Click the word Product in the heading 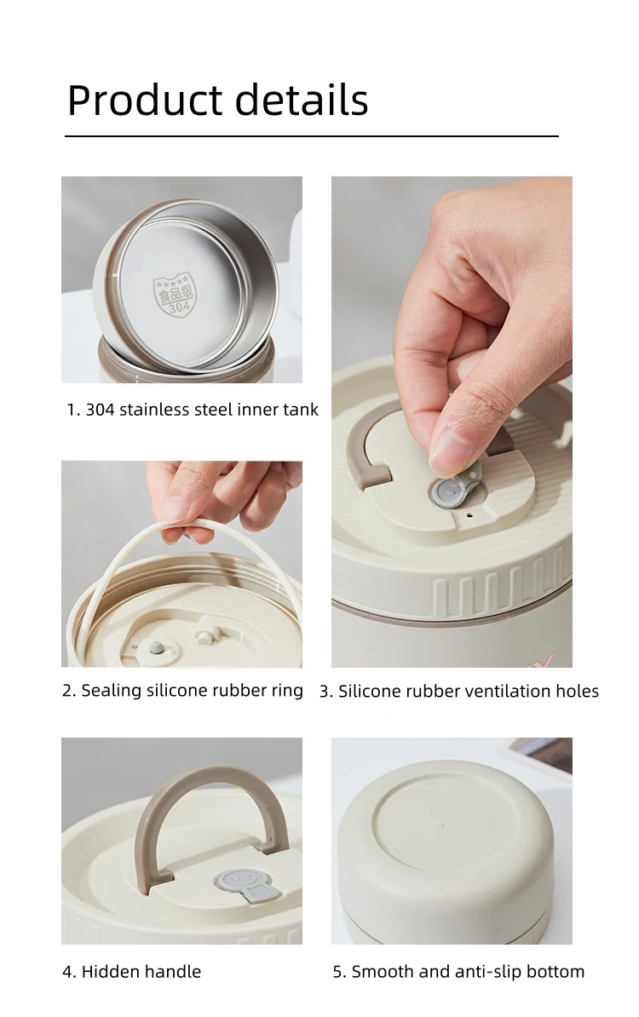point(146,100)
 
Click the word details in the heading point(302,100)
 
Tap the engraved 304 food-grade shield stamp point(173,295)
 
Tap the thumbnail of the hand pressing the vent point(452,422)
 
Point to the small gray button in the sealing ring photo point(157,646)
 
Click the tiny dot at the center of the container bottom point(444,825)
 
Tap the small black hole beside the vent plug point(469,516)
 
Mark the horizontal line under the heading point(311,136)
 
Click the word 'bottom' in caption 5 point(556,972)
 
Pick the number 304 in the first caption point(100,410)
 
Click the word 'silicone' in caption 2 point(174,690)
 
